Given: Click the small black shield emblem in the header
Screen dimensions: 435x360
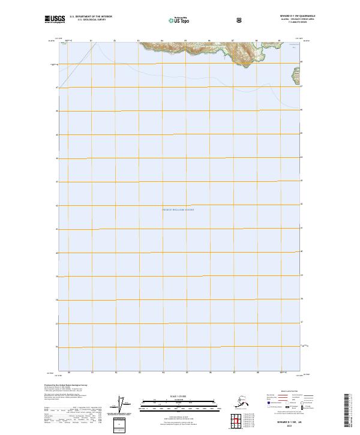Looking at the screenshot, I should (x=241, y=20).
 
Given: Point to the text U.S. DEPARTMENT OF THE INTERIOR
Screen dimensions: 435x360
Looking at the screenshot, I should (x=91, y=17).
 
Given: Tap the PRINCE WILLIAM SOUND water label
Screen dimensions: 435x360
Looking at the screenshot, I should (x=178, y=209).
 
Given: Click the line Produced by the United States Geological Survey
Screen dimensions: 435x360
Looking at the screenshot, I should (x=62, y=385).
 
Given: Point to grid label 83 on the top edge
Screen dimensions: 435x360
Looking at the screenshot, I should (x=139, y=41).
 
